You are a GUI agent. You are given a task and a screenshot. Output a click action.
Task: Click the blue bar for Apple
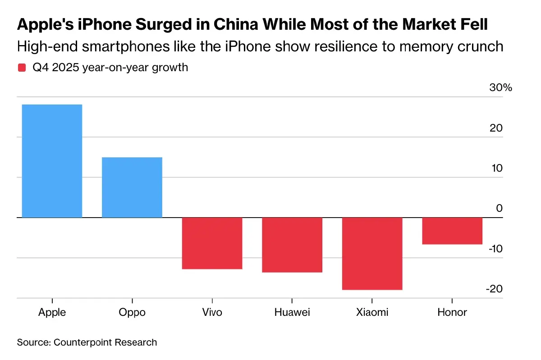[x=52, y=161]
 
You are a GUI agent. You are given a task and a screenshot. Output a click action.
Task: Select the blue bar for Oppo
[x=132, y=187]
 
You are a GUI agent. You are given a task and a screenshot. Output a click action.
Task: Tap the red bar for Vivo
[x=212, y=243]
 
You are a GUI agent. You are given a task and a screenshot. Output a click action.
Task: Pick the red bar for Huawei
[x=292, y=245]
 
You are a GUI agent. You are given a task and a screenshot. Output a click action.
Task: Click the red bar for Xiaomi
[x=372, y=254]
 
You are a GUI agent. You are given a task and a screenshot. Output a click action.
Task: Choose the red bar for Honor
[x=452, y=231]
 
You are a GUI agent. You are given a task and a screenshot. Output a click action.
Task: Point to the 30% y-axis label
[x=500, y=88]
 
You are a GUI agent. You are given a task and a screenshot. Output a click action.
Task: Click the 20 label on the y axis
[x=496, y=128]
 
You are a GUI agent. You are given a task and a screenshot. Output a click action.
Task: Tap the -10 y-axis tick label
[x=495, y=249]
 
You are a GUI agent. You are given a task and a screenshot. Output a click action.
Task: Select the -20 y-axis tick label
[x=495, y=289]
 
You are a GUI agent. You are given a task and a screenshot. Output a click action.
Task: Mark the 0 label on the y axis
[x=499, y=209]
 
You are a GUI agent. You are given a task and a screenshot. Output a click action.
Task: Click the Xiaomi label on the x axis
[x=372, y=312]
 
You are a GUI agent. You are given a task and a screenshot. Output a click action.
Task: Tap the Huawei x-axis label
[x=292, y=312]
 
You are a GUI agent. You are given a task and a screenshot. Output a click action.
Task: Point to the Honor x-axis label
[x=452, y=312]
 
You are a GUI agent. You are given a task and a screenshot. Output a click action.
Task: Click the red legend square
[x=22, y=68]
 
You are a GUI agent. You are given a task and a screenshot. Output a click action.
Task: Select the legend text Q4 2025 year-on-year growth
[x=110, y=68]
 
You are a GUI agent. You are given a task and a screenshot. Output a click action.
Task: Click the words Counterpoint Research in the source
[x=105, y=342]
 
